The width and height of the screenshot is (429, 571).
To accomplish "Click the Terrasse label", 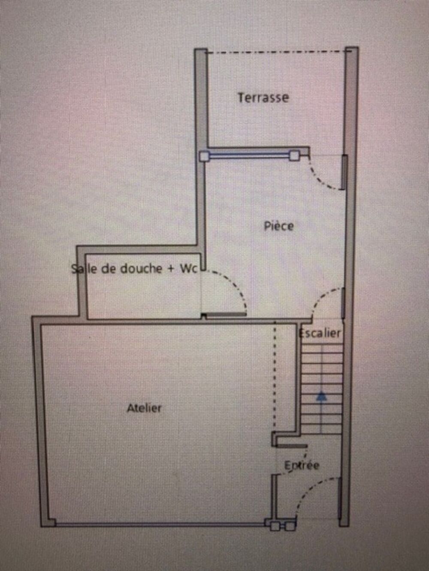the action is click(263, 98).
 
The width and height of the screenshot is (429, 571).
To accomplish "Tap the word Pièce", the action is click(279, 226).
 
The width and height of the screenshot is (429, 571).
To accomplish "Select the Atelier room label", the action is click(144, 408).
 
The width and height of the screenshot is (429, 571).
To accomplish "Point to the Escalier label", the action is click(320, 333).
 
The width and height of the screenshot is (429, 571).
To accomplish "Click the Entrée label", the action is click(302, 465).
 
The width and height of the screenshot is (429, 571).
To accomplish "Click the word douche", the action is click(141, 269).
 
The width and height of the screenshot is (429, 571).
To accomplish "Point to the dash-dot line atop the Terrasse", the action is click(278, 52).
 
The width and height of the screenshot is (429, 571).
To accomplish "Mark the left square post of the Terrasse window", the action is click(204, 156).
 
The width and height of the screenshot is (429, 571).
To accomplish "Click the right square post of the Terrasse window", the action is click(294, 156).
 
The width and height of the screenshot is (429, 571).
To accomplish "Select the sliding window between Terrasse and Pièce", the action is click(249, 156).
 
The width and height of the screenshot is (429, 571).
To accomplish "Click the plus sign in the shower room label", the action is click(171, 269).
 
